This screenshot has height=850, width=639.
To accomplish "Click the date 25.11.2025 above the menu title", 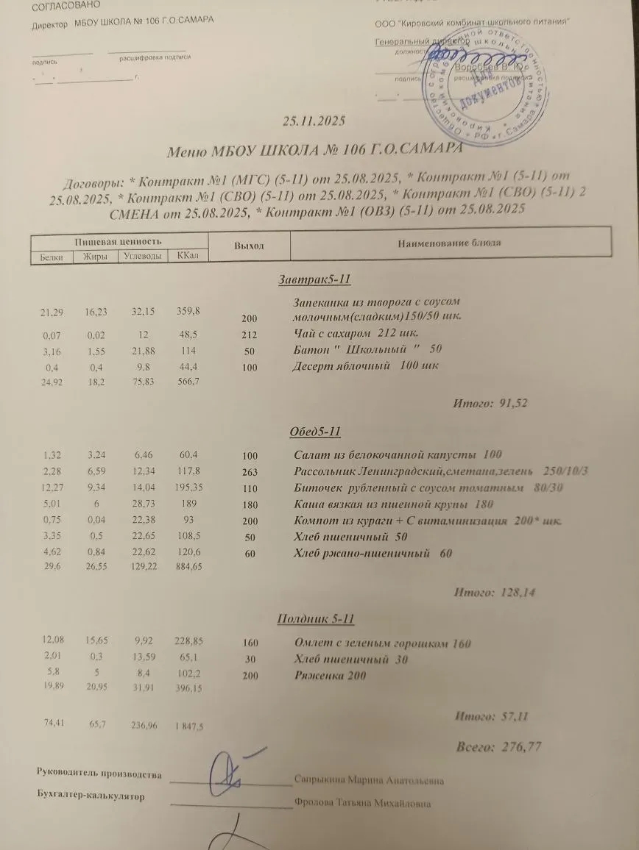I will click(x=314, y=121).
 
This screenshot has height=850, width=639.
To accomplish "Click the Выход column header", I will click(x=249, y=245).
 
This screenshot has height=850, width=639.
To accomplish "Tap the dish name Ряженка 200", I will click(x=329, y=676).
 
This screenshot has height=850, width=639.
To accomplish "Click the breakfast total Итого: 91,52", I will click(x=491, y=403).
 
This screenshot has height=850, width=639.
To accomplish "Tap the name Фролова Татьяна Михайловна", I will click(x=362, y=804).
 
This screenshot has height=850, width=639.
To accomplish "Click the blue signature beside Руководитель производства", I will click(x=233, y=771).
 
